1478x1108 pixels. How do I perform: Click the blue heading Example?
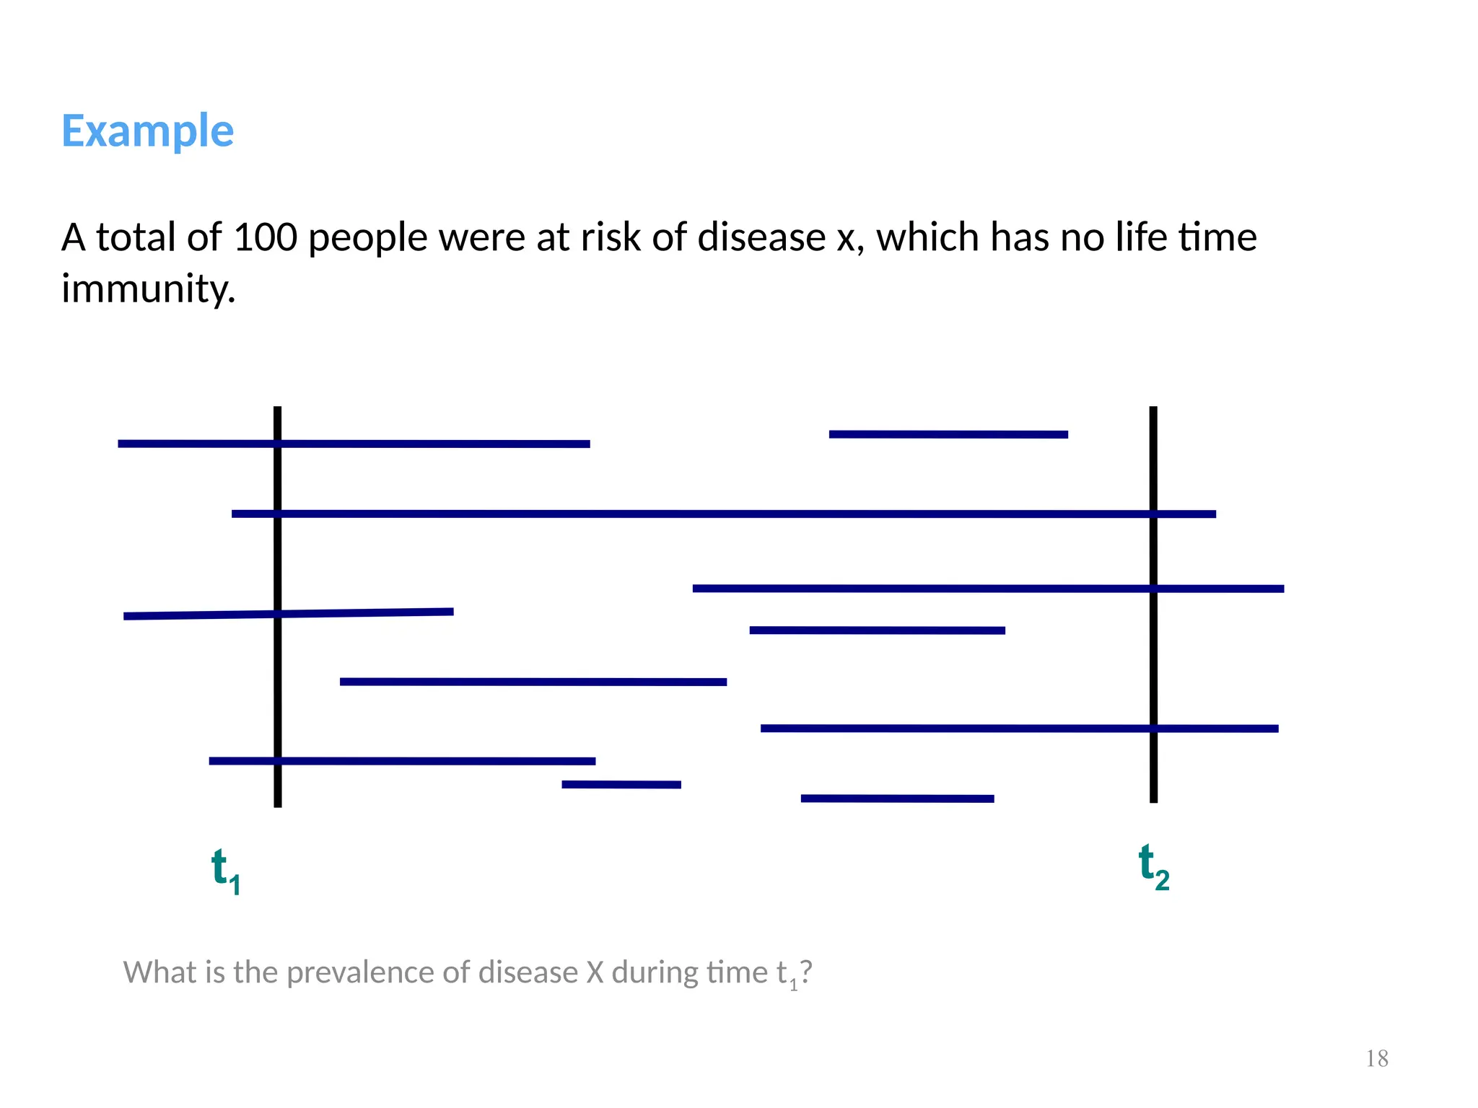147,131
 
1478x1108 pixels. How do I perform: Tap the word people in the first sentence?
367,239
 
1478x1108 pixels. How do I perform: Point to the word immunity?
148,289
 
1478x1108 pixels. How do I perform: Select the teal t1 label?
225,871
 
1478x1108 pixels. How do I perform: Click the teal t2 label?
1153,867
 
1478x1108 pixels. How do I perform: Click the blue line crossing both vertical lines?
722,514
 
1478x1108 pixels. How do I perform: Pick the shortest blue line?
621,784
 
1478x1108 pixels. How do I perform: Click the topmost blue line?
948,434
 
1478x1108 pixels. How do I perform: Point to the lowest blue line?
897,799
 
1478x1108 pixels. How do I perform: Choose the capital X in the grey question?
595,972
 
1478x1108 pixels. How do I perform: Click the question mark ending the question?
806,972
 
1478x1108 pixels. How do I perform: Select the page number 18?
1377,1059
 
